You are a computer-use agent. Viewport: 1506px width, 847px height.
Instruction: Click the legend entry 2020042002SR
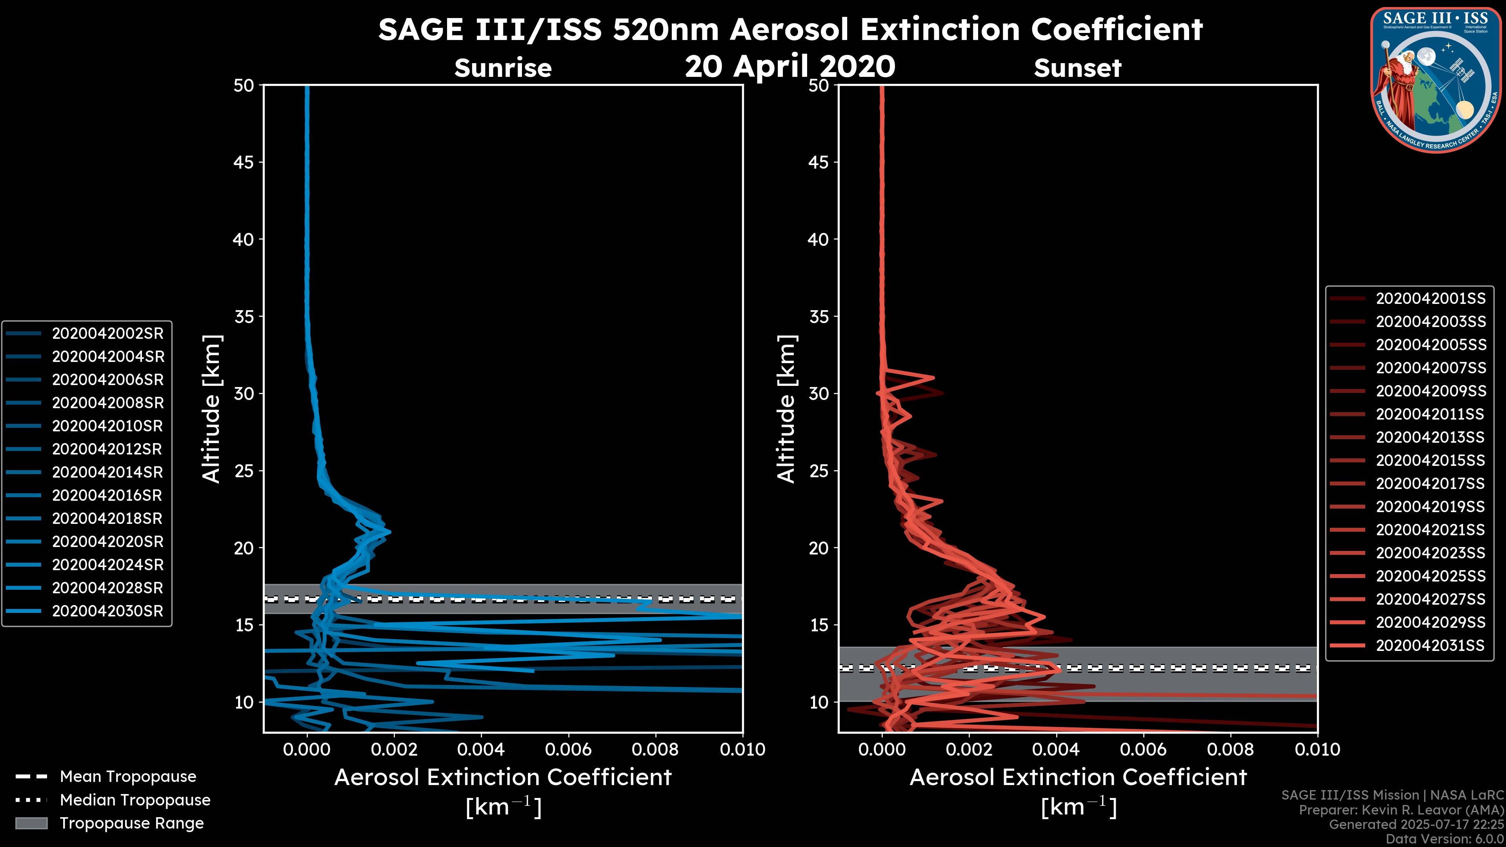(107, 333)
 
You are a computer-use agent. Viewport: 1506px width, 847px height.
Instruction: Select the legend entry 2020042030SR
(107, 611)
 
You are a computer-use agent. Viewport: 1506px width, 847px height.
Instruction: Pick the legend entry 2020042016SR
(107, 495)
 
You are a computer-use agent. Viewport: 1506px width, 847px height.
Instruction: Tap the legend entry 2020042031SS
(1430, 645)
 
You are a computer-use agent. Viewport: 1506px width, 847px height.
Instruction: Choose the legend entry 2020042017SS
(1430, 483)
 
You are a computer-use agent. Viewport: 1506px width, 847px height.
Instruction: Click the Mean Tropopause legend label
(128, 776)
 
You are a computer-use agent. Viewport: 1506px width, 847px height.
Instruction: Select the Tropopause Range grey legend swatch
(31, 823)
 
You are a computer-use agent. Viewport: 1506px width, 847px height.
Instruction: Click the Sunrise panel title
(503, 68)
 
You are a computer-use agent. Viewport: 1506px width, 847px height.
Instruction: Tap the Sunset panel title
(1077, 68)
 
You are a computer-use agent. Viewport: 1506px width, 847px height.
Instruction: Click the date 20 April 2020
(790, 66)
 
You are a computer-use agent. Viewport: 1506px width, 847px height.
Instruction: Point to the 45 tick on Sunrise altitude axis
(244, 162)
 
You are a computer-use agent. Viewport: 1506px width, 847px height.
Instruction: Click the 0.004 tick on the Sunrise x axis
(480, 749)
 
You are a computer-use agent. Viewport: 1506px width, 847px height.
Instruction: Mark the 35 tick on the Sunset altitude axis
(819, 316)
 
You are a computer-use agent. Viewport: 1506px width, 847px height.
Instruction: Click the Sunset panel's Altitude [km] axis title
(786, 409)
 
